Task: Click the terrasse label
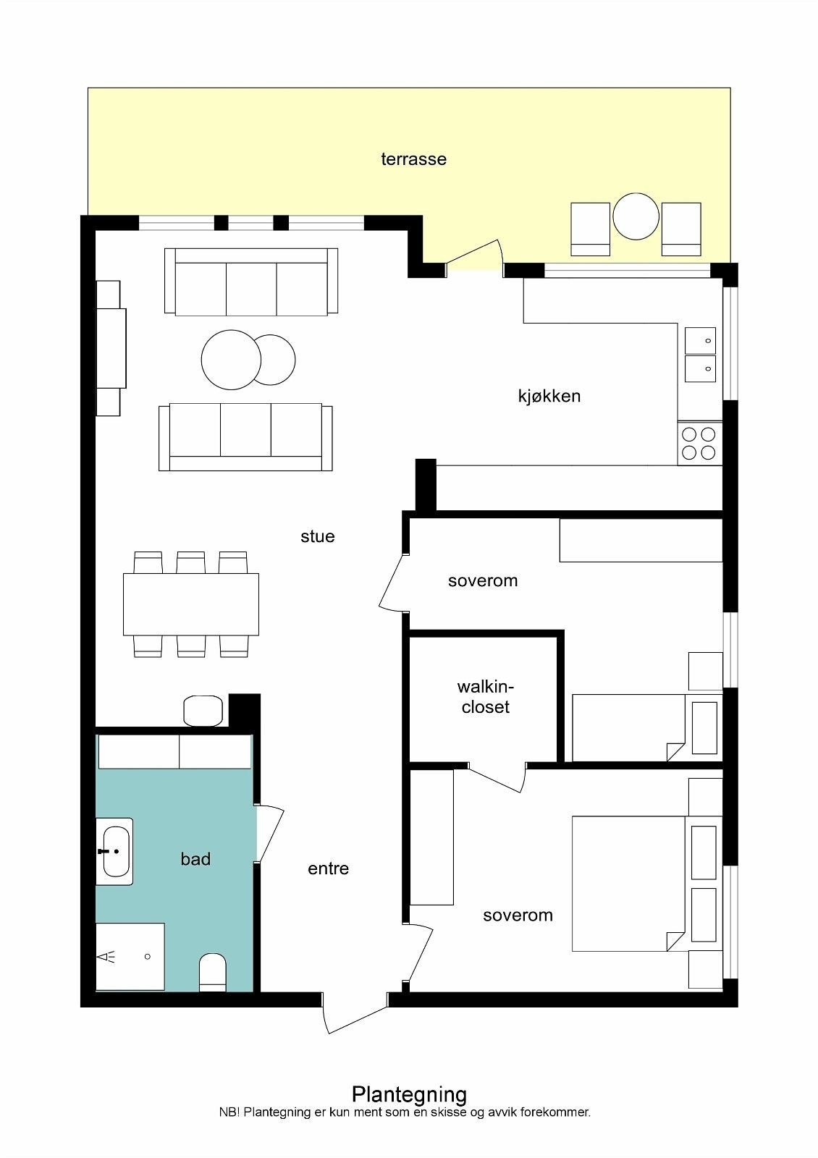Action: coord(413,159)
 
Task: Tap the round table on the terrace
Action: coord(636,216)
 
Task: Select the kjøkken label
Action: coord(549,396)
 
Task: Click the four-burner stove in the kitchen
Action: coord(699,443)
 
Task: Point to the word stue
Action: coord(318,536)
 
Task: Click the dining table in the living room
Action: coord(191,604)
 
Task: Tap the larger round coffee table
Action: coord(231,360)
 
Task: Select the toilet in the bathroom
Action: coord(213,972)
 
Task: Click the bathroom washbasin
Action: coord(115,851)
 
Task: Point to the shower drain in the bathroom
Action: coord(148,956)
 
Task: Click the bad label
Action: coord(195,858)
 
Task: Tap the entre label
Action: coord(328,868)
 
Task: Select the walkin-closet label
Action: coord(486,697)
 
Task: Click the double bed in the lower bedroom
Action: coord(628,884)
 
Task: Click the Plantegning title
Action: coord(409,1094)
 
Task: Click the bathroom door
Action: coord(270,833)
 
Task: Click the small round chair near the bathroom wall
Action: coord(203,711)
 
